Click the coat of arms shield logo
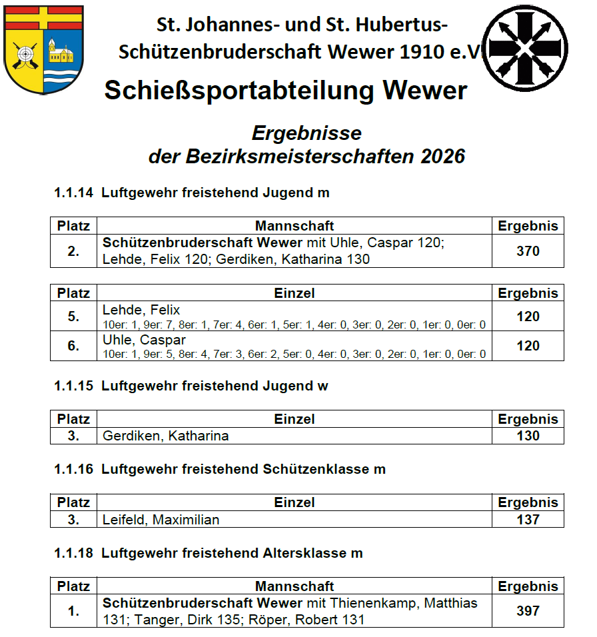click(x=43, y=49)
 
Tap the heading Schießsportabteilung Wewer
click(x=286, y=91)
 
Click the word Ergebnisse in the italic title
click(x=306, y=133)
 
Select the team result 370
click(x=528, y=251)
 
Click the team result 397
click(x=528, y=610)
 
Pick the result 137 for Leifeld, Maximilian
click(x=528, y=519)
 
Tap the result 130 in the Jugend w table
click(x=528, y=436)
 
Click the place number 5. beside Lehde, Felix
click(x=73, y=317)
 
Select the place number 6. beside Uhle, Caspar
click(x=73, y=346)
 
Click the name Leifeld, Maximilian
click(x=161, y=519)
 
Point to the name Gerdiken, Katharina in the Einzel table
click(x=166, y=436)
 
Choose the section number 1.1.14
click(x=74, y=193)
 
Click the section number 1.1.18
click(x=74, y=553)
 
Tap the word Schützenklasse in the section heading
click(x=305, y=469)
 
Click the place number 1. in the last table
click(x=73, y=610)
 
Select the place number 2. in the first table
click(x=73, y=251)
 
